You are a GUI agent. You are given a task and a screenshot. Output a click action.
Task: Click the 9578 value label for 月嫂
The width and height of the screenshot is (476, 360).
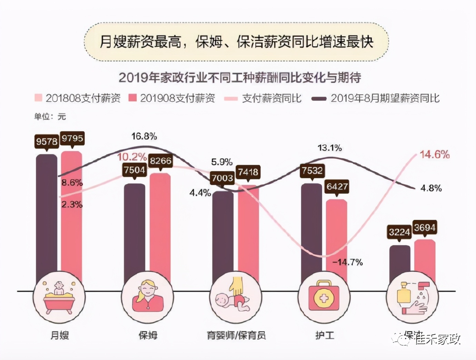coord(47,141)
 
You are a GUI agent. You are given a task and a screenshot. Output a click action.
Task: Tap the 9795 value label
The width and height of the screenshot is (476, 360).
coord(72,139)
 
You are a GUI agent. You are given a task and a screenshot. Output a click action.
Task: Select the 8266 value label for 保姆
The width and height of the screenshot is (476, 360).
coord(160,161)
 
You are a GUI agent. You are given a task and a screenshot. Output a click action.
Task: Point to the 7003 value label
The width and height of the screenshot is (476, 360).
coord(222,178)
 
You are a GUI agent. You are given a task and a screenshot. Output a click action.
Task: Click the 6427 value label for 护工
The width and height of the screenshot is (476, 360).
coord(337,187)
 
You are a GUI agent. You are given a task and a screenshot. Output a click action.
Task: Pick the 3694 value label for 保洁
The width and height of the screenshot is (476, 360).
coord(425,228)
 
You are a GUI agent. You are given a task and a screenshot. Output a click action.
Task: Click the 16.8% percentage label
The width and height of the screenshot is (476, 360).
coord(144,136)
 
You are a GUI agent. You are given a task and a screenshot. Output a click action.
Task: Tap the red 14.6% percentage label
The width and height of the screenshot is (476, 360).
coord(434,154)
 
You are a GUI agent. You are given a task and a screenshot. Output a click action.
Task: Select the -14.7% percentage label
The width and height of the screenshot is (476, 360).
coord(347,262)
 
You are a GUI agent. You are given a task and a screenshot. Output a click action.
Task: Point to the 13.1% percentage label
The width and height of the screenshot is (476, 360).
coord(329,148)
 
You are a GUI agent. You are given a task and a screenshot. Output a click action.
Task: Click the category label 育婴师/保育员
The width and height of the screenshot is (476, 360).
coord(236,335)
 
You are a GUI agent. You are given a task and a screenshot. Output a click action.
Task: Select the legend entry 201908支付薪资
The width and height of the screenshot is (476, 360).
coord(171,98)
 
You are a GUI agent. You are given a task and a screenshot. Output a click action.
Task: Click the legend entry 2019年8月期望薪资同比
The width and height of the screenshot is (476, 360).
coord(376,98)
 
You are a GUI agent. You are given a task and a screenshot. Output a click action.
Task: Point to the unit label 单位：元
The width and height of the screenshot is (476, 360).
coord(50,117)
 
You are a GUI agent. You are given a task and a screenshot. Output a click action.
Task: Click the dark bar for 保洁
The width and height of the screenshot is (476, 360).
coord(400,264)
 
